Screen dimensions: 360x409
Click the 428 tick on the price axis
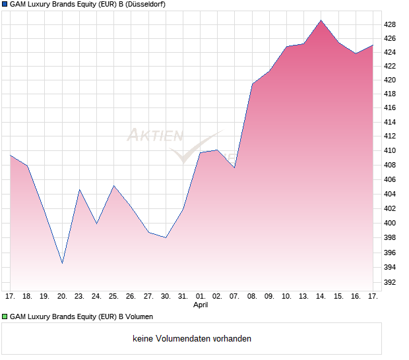(x=389, y=24)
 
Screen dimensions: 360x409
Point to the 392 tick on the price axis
(x=389, y=283)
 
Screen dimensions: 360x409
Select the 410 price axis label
(x=389, y=150)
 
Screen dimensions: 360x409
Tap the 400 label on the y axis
(x=389, y=223)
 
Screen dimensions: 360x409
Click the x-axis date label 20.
(x=62, y=296)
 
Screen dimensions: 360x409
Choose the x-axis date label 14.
(x=321, y=296)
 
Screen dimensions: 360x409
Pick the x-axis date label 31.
(x=183, y=296)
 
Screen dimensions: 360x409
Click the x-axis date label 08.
(x=252, y=296)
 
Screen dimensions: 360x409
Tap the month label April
(x=201, y=305)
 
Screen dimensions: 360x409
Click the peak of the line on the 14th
(x=321, y=20)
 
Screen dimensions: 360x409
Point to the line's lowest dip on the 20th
(x=62, y=263)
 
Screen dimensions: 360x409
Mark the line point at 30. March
(x=166, y=237)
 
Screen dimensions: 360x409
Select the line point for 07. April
(x=234, y=167)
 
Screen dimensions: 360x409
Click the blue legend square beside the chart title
(x=5, y=5)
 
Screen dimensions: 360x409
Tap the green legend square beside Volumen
(x=5, y=316)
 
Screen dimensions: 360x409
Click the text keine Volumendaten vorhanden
(x=192, y=338)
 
